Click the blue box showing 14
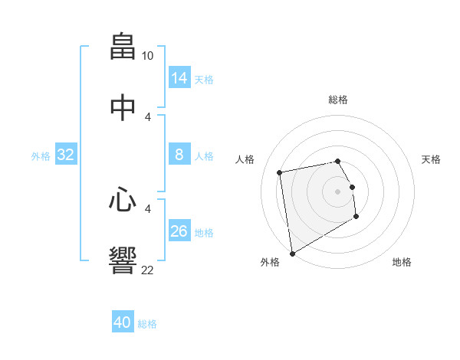pos(179,77)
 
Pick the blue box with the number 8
pos(179,155)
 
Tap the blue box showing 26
pos(179,231)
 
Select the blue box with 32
pos(66,155)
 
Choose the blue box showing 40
pos(123,322)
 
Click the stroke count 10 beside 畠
pos(148,56)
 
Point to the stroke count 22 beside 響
pos(148,270)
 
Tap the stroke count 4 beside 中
pos(148,117)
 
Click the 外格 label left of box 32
pos(41,155)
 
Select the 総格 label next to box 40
pos(147,324)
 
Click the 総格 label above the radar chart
pos(338,100)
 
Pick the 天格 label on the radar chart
pos(432,159)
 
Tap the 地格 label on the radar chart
pos(402,262)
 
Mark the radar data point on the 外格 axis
pos(292,253)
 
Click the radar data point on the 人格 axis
pos(281,172)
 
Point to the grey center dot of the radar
pos(338,191)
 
